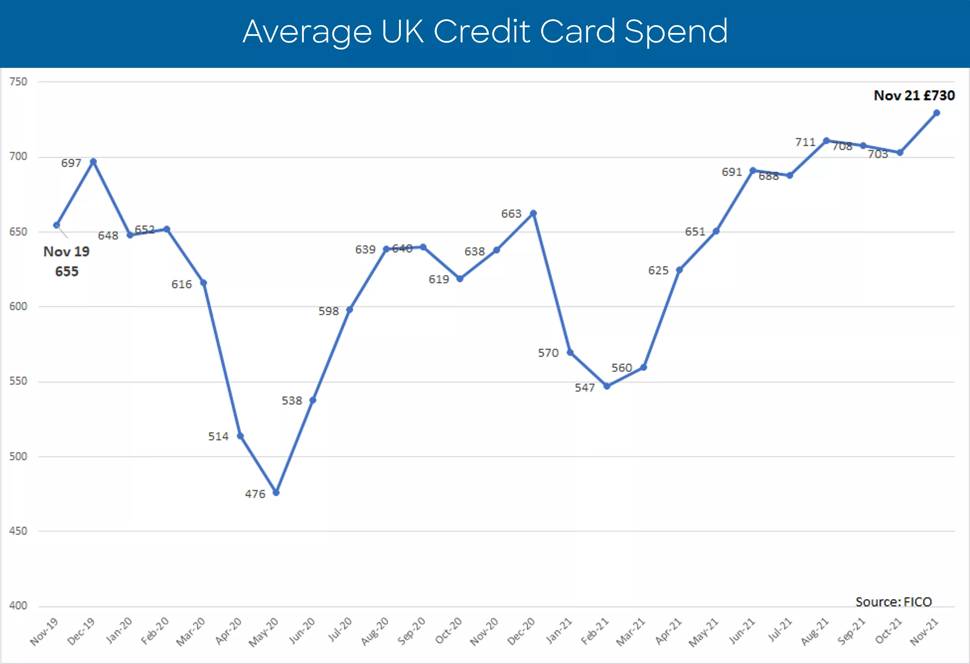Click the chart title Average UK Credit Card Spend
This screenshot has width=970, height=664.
pos(485,32)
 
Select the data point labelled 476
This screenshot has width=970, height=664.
pos(276,493)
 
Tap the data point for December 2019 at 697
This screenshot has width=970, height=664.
pos(94,162)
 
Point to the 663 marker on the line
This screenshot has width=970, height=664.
pos(533,213)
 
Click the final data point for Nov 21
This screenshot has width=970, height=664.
pos(937,113)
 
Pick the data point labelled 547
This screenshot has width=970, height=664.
pos(607,386)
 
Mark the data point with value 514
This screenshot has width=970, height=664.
pos(240,436)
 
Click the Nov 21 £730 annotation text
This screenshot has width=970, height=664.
pos(914,96)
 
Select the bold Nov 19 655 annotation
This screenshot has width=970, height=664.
pos(66,261)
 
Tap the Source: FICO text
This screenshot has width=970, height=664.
pos(893,602)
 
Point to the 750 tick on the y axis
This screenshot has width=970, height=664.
pos(18,82)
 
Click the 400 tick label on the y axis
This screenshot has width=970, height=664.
pos(18,606)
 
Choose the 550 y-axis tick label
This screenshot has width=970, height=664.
pos(18,381)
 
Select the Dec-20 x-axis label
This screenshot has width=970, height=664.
pos(521,631)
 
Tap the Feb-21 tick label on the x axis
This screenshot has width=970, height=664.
pos(595,631)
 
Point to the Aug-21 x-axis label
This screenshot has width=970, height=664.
pos(815,631)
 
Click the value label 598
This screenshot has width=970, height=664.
pos(329,311)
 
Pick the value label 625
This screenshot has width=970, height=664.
pos(658,271)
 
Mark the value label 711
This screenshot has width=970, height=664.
pos(805,142)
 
